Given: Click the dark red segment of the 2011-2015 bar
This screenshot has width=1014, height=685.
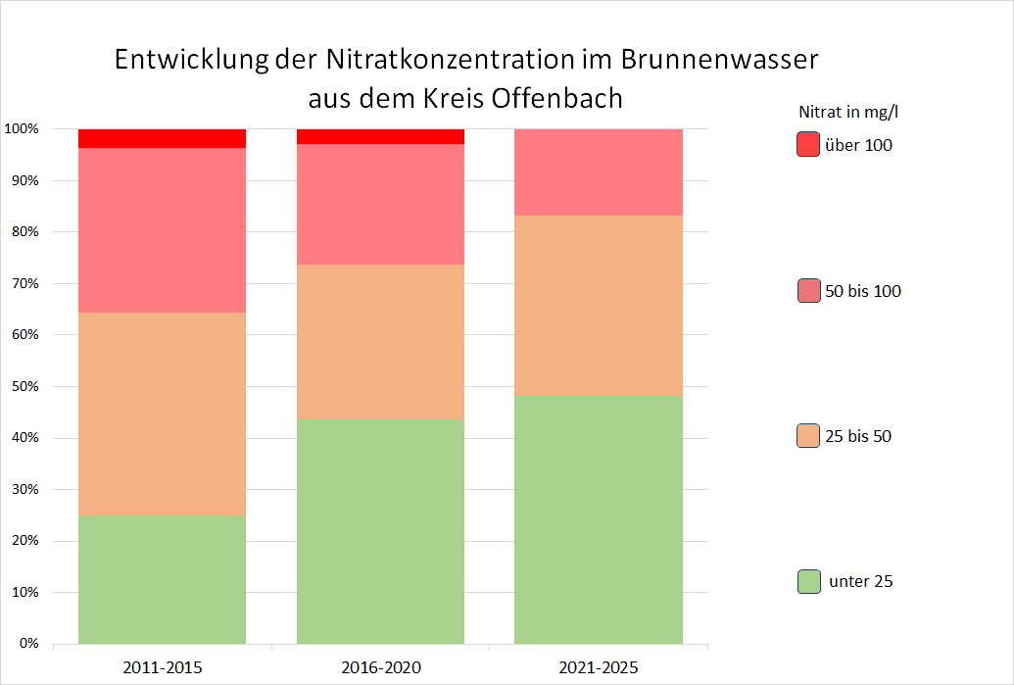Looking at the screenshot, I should [162, 138].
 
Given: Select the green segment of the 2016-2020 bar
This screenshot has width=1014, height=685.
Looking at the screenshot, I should [380, 531].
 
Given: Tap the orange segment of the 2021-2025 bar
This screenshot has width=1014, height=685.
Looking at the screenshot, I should [599, 305].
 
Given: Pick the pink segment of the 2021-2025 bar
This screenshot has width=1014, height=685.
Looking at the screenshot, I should [599, 171].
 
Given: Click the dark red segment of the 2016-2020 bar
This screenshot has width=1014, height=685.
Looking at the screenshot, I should [380, 136].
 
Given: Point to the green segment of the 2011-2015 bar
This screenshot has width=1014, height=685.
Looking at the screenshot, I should [162, 579].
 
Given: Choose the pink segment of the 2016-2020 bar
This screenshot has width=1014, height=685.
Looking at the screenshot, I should [380, 204].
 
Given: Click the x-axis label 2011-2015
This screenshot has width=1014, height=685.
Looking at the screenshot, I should [163, 668].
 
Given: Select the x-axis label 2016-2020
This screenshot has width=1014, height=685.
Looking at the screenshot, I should [380, 668].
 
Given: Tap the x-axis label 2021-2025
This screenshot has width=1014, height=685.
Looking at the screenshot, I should [599, 668].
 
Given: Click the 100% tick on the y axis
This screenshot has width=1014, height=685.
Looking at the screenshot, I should [22, 129].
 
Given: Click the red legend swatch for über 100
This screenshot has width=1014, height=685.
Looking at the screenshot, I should [808, 145].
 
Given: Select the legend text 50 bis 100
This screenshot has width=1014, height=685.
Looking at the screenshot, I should [864, 291].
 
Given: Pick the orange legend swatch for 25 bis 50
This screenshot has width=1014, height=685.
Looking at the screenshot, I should [808, 436].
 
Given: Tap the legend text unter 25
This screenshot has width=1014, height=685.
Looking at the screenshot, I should [860, 581].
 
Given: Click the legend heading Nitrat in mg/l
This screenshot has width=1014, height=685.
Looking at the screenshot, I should [848, 112].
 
